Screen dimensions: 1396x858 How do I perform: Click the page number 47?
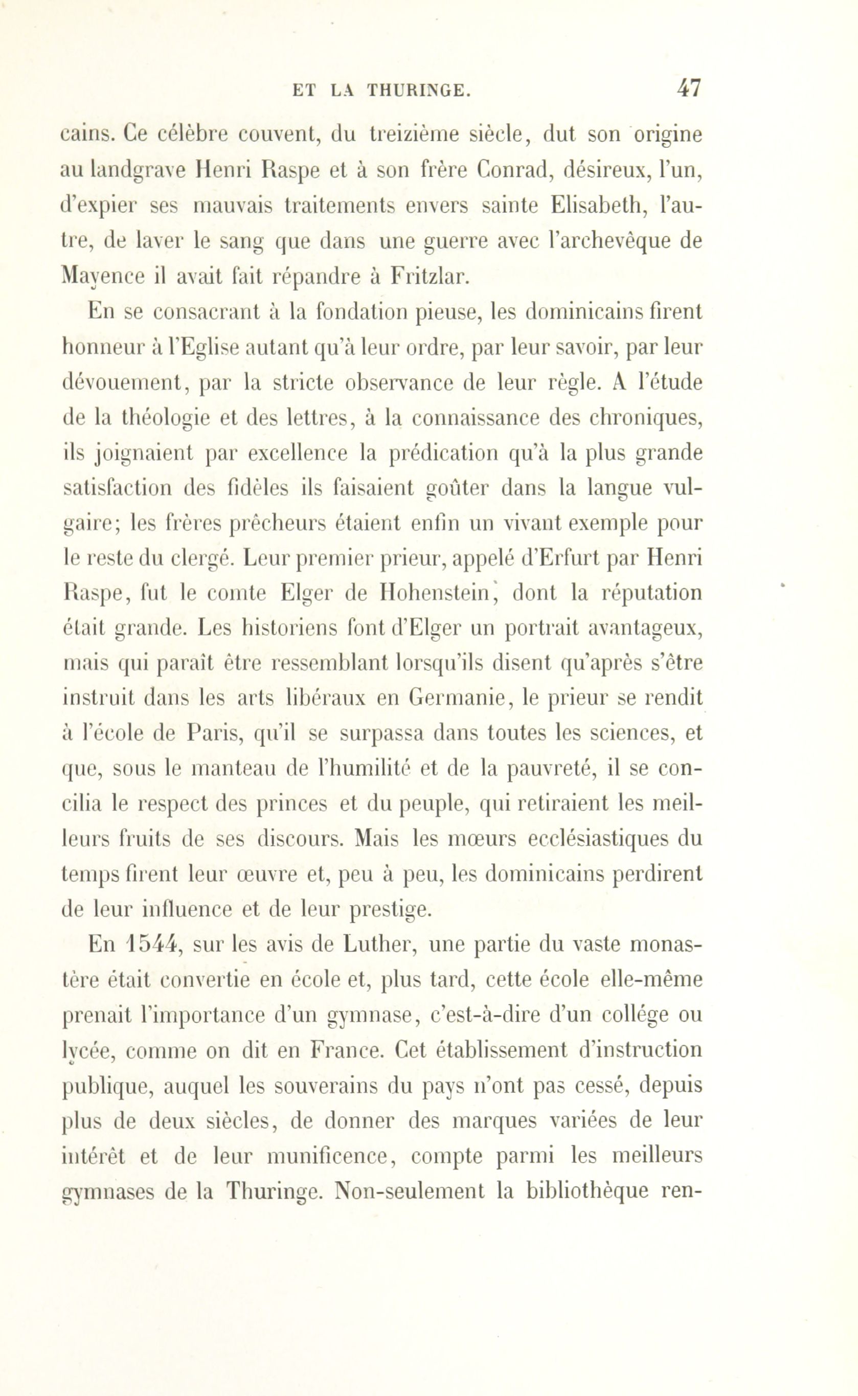(688, 89)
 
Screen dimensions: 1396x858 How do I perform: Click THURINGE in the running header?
(419, 90)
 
